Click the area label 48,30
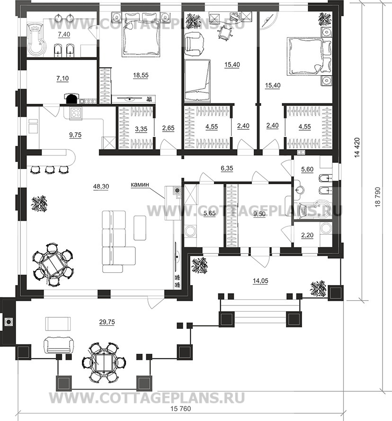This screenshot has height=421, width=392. click(x=101, y=186)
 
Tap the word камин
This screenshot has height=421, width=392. click(x=140, y=185)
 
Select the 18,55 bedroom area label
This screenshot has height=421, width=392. click(x=141, y=75)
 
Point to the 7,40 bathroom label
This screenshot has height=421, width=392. click(x=64, y=34)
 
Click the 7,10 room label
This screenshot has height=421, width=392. click(x=62, y=79)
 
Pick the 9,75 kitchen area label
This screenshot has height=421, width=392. click(x=75, y=135)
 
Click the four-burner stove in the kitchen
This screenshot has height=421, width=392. click(x=76, y=113)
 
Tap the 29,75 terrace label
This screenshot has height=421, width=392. click(x=107, y=322)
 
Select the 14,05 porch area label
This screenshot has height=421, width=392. click(x=260, y=281)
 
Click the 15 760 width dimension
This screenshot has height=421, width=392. click(x=181, y=409)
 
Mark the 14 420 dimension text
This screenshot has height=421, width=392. click(x=357, y=147)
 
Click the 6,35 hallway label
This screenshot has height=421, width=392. click(x=227, y=168)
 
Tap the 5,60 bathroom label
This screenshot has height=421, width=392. click(x=307, y=170)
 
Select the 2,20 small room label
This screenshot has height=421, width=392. click(x=307, y=235)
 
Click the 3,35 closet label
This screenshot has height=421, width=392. click(x=141, y=129)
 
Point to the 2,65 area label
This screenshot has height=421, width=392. click(x=169, y=128)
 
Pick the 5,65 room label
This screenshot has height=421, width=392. click(x=209, y=214)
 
